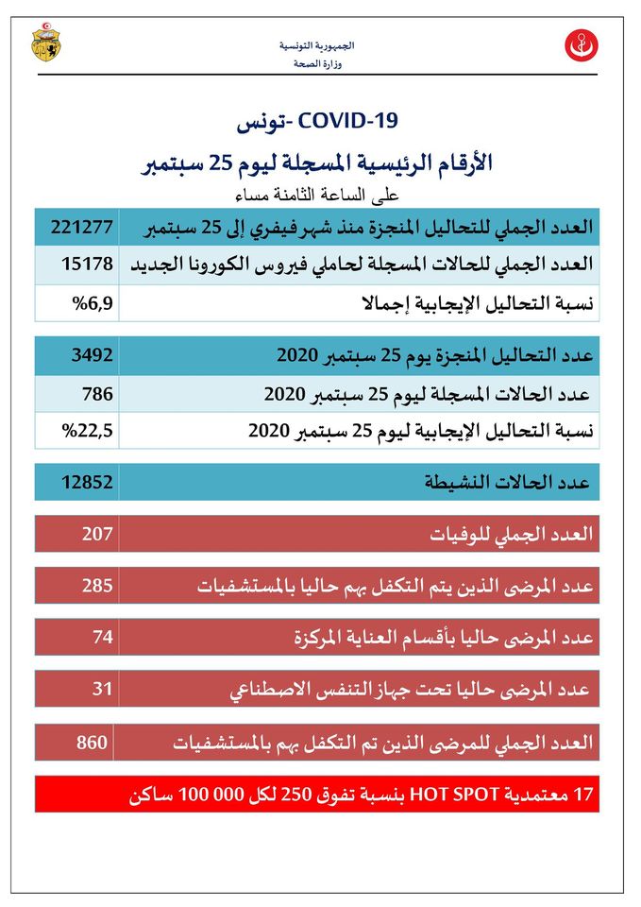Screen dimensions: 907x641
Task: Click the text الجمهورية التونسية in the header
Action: click(317, 45)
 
